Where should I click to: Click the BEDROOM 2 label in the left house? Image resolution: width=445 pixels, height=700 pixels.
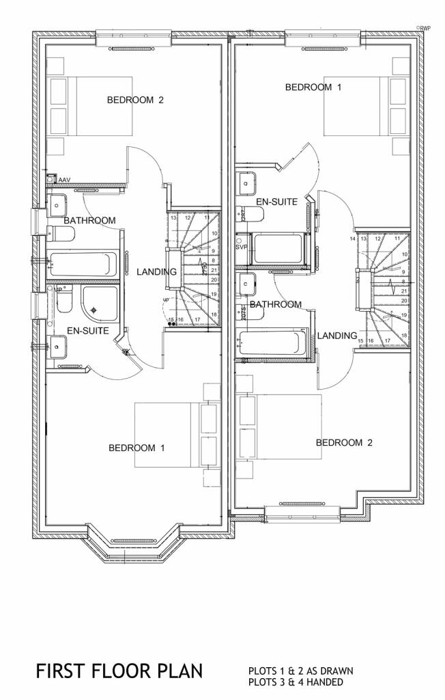coord(135,100)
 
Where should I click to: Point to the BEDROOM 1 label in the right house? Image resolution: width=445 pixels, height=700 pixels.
coord(313,87)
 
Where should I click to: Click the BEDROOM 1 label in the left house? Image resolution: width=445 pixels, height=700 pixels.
coord(137,448)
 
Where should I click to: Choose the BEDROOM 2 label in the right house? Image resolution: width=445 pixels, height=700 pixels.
coord(344,442)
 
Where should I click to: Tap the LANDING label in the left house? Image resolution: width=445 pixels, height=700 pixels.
coord(156,272)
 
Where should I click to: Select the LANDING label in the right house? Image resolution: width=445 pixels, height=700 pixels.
coord(337,336)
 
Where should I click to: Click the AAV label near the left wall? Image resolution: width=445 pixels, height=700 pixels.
coord(65,180)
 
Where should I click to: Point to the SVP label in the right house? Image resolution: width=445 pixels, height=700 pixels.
coord(242,247)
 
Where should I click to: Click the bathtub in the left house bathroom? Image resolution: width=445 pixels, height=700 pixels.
coord(83,263)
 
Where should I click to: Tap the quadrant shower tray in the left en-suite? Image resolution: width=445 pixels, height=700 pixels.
coord(100,304)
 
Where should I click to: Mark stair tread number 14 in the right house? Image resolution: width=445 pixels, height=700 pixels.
coord(353,239)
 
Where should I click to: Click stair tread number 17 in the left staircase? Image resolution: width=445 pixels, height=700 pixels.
coord(197,319)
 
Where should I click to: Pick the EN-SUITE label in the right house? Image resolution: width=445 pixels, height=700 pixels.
coord(276,202)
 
